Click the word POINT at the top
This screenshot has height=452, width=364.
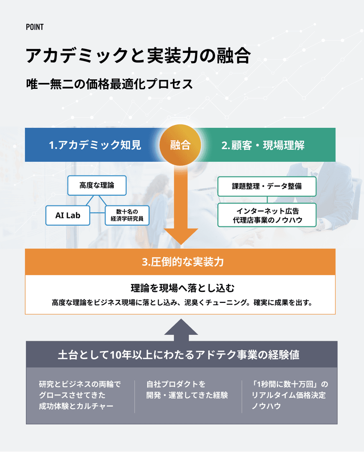34,27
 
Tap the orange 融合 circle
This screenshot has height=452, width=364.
180,145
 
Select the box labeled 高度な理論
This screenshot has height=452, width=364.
97,185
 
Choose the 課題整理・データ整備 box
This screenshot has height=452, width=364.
267,186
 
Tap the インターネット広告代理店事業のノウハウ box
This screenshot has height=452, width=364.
267,215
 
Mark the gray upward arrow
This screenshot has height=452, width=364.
181,330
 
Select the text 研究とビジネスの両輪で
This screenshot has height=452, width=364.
79,384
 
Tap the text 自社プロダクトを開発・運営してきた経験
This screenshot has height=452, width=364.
187,390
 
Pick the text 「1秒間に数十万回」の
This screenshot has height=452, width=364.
289,384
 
